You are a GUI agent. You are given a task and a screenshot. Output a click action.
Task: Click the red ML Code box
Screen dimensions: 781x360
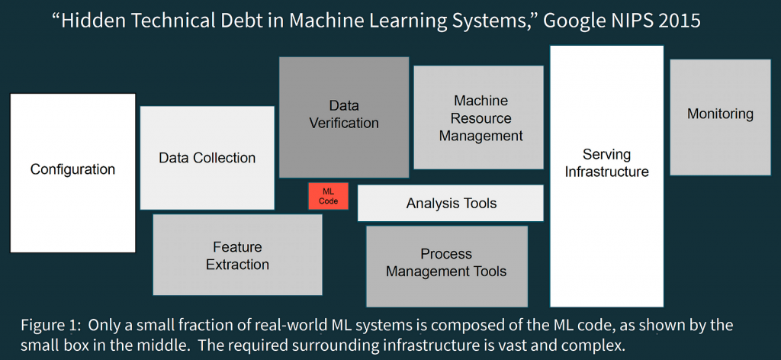pyautogui.click(x=328, y=196)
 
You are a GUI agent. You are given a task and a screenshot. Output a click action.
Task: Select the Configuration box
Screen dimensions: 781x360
pyautogui.click(x=72, y=173)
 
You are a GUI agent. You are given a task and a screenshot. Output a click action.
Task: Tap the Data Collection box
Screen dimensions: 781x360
pyautogui.click(x=207, y=158)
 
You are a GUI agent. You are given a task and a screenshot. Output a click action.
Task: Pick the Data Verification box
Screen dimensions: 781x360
pyautogui.click(x=344, y=117)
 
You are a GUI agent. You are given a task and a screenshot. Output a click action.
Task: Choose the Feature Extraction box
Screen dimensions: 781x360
pyautogui.click(x=238, y=255)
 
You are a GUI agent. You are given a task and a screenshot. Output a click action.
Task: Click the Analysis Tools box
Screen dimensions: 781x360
pyautogui.click(x=451, y=203)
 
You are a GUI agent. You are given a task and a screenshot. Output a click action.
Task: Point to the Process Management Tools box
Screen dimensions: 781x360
pyautogui.click(x=447, y=266)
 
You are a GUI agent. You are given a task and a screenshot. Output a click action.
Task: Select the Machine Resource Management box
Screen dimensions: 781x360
pyautogui.click(x=479, y=117)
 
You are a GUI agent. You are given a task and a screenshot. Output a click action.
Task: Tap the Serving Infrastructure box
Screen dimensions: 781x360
pyautogui.click(x=606, y=176)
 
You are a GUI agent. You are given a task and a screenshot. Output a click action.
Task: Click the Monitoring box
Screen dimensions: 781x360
pyautogui.click(x=720, y=117)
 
